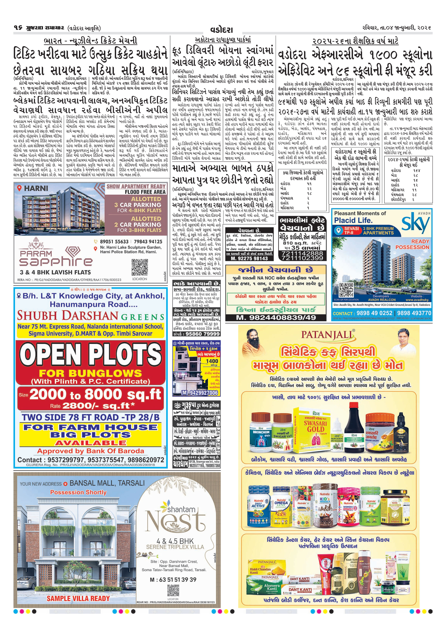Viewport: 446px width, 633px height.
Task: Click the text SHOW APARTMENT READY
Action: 136,186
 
